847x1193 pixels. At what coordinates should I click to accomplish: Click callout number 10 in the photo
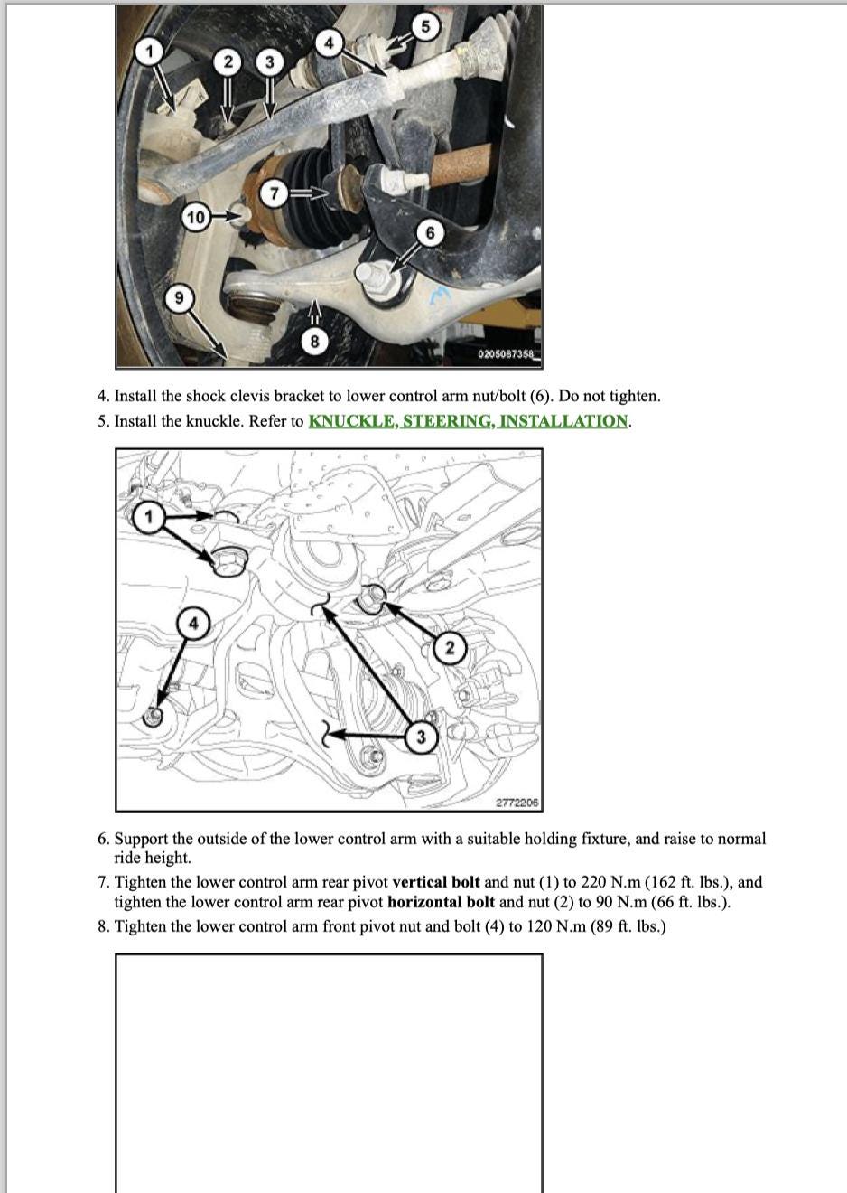point(195,217)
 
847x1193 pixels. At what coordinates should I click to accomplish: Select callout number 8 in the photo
point(314,341)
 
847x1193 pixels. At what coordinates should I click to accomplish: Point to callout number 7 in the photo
point(276,193)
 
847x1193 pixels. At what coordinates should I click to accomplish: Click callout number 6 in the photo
point(430,233)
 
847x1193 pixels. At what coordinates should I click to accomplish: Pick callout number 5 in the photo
point(427,26)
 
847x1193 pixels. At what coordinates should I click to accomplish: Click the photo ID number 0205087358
point(507,354)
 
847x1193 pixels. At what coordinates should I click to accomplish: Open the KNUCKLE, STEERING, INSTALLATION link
point(469,421)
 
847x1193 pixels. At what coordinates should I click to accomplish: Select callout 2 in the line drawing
point(450,647)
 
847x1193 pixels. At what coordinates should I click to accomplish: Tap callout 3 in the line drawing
point(421,737)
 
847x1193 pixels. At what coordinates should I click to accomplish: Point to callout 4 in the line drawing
point(191,623)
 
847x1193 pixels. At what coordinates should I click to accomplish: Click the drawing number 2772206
point(517,803)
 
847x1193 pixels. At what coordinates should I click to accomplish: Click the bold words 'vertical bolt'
point(436,882)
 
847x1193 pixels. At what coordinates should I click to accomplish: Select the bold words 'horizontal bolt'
point(441,902)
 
